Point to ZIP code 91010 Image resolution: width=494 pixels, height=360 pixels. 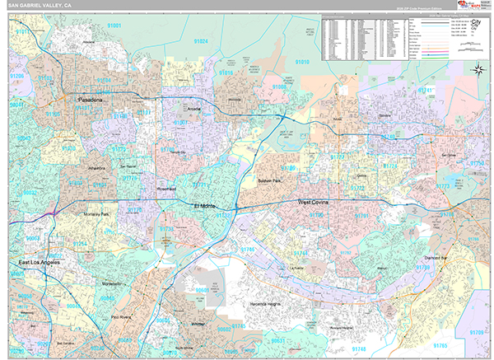click(302, 63)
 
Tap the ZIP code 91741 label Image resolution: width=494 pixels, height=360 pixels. click(426, 88)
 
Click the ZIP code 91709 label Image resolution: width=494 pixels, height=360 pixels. click(477, 331)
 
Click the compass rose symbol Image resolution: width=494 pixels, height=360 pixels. click(478, 69)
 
